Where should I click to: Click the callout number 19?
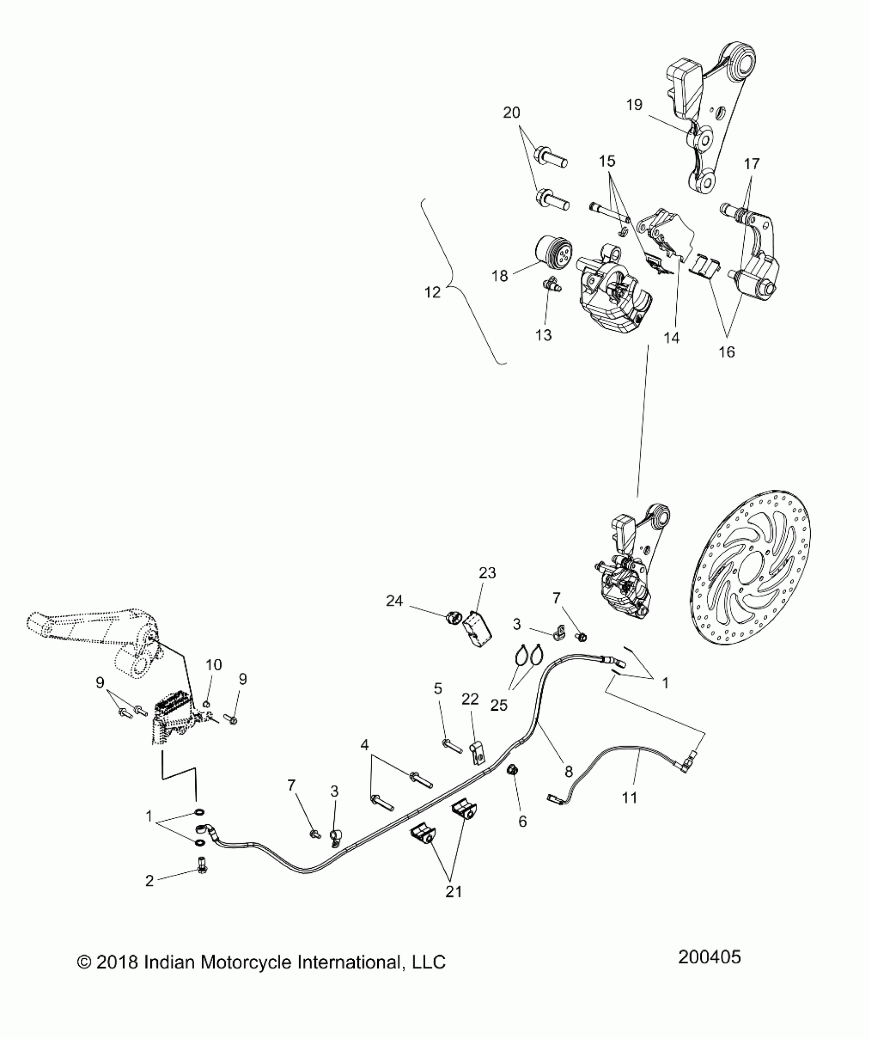634,105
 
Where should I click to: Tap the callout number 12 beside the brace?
432,292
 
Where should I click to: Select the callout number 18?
500,276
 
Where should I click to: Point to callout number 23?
487,573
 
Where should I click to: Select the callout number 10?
214,665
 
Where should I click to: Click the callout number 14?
672,337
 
